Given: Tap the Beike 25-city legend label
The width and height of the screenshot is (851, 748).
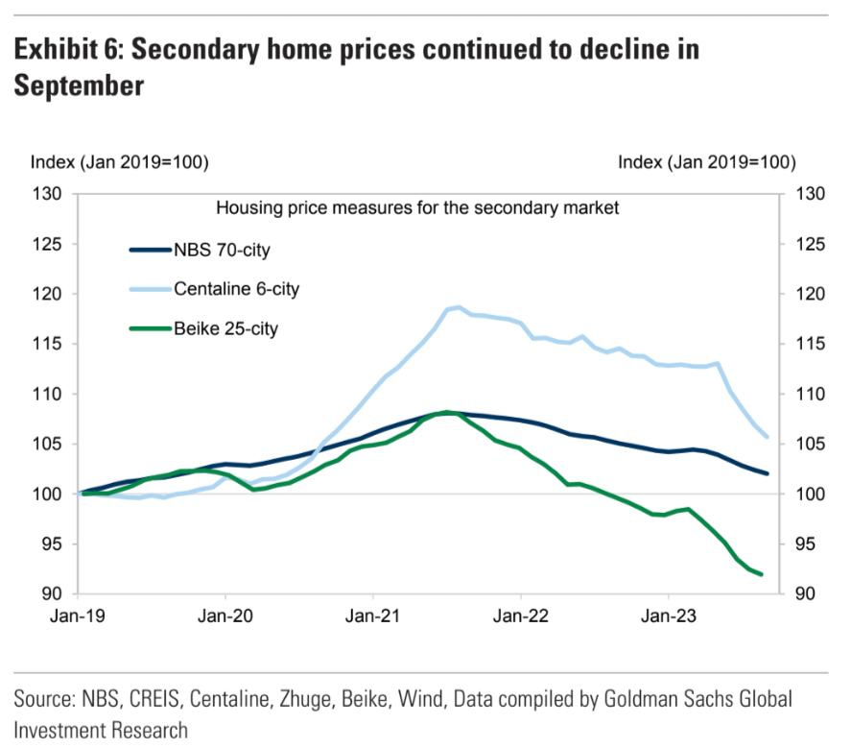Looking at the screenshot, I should point(225,328).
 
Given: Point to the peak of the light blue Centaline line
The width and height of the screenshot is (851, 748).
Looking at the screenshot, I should point(460,307).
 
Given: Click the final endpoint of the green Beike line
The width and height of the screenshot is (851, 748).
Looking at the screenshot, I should point(761,574).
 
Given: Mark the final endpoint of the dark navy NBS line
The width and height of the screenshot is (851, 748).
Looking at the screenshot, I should point(767,473).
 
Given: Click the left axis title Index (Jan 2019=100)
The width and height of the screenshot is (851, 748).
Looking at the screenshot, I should point(120,161).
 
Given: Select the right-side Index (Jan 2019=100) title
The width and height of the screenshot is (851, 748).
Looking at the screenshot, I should point(707,161).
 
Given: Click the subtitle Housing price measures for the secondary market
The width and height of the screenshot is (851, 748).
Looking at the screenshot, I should point(417,207).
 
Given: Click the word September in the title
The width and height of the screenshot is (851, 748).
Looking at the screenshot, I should point(79,85).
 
